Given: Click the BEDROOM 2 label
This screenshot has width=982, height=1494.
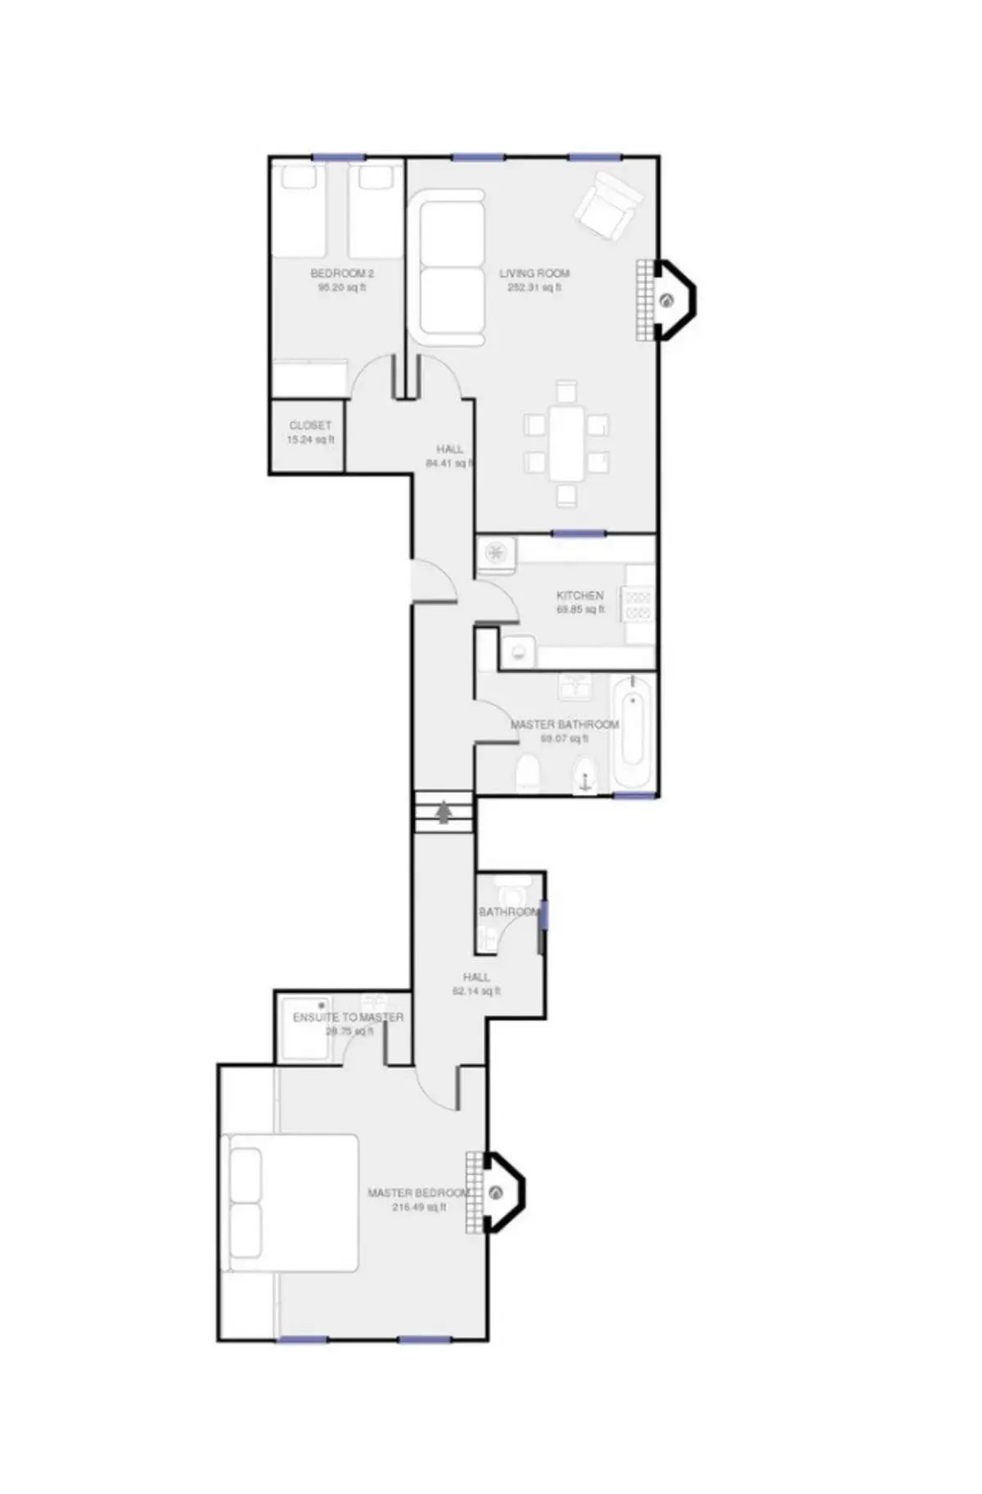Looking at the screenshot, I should (341, 273).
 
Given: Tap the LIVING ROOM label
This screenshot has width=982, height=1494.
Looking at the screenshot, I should (534, 273).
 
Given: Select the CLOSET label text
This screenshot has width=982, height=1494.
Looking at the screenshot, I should (310, 426).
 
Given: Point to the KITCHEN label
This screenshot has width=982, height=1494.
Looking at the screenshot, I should (579, 595).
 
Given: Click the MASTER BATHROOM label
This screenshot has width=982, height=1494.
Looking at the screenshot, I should (565, 724).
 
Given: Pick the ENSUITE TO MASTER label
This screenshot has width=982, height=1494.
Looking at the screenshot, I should (348, 1018).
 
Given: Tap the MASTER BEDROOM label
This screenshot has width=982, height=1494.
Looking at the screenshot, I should (418, 1193).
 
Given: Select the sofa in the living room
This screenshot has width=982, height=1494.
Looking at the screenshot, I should (452, 269).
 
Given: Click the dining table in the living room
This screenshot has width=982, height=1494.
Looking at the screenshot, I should (566, 443).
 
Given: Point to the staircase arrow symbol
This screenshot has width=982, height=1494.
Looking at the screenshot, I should (444, 812).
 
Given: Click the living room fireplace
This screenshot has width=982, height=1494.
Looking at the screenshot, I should (668, 300).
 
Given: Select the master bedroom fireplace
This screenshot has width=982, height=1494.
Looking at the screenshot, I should (496, 1193).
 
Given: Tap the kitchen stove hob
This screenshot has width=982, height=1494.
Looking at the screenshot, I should (638, 604).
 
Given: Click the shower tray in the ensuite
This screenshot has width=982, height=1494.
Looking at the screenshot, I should (305, 1029).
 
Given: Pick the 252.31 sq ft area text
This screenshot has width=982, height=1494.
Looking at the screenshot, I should (534, 288).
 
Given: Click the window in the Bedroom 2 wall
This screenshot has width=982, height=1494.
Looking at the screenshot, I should (337, 157).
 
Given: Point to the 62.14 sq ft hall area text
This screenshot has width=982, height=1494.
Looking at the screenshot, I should (476, 991).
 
